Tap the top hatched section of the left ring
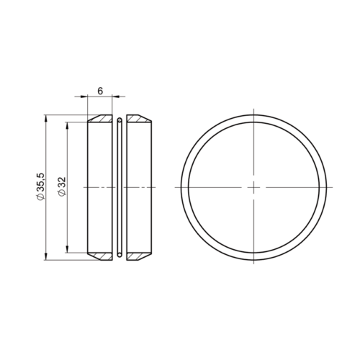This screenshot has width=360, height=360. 101,118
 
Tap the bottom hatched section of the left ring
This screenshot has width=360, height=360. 101,255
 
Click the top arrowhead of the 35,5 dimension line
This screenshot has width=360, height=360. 46,117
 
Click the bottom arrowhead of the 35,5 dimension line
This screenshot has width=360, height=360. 46,256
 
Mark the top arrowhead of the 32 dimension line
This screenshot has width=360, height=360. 68,125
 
